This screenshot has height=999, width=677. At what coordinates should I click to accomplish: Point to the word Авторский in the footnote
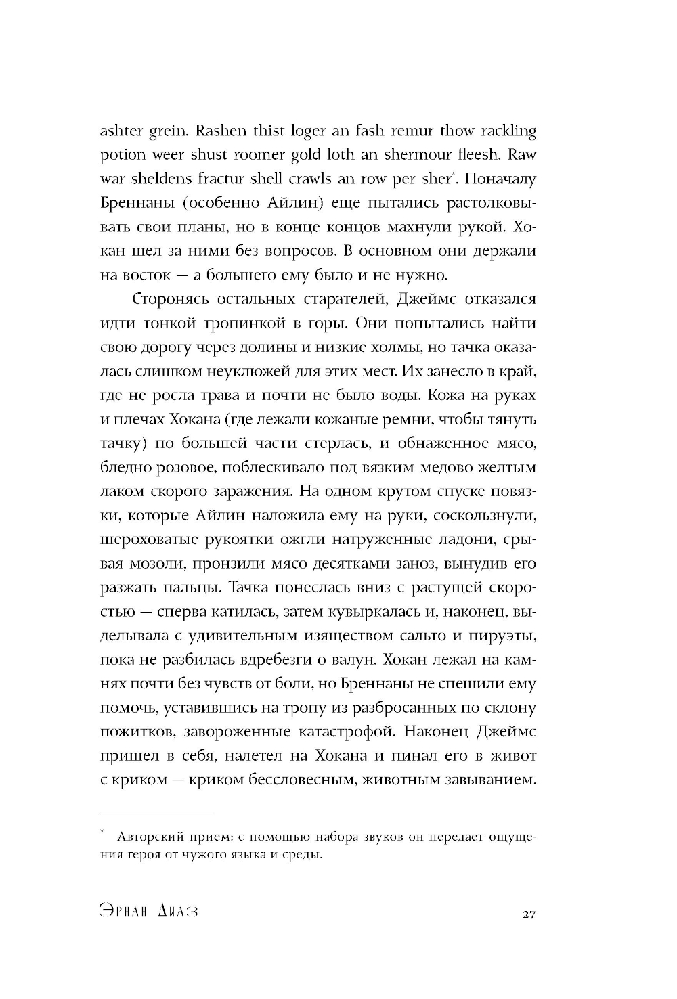pos(145,837)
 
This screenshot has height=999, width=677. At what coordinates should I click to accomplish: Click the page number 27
pos(529,915)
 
